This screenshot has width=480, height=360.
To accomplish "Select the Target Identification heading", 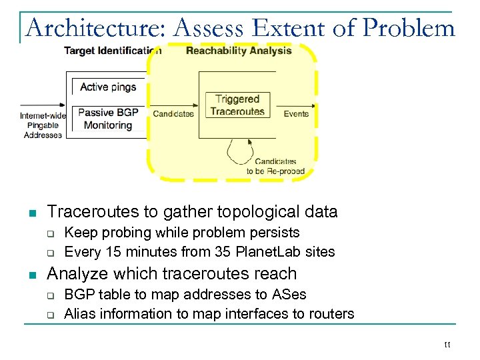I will [112, 51].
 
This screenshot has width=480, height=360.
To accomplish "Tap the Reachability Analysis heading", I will [239, 51].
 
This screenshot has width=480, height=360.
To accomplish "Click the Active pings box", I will [108, 87].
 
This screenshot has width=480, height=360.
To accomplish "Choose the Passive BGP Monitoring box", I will [108, 119].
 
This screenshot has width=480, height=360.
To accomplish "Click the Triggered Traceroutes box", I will [237, 105].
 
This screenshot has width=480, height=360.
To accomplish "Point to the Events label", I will [296, 114].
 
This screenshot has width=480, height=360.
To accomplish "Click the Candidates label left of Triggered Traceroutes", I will [173, 114].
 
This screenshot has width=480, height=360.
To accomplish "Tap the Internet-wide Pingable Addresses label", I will [43, 125].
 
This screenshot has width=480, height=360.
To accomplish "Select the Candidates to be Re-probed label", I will [275, 166].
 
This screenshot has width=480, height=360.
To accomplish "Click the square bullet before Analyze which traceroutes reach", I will [31, 275].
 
